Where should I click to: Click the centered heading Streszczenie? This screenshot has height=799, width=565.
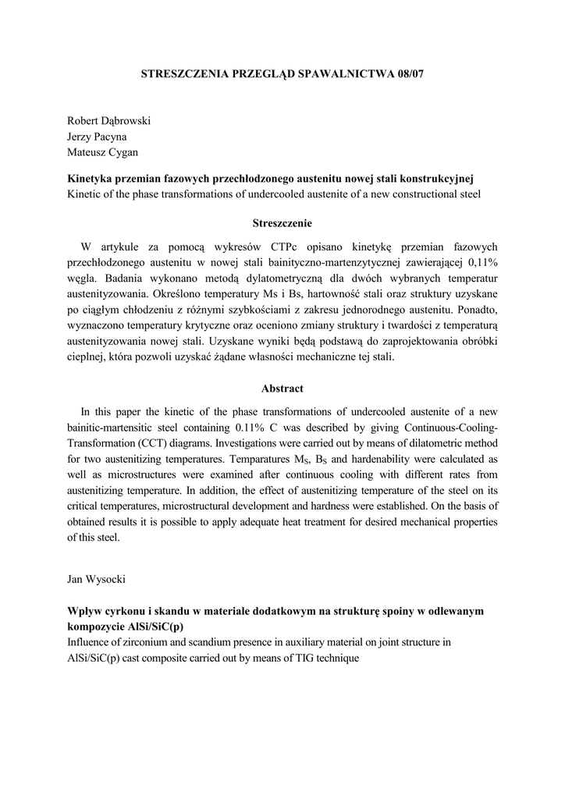click(282, 223)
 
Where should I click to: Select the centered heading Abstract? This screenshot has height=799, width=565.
click(282, 388)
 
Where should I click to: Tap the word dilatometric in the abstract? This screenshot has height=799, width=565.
click(422, 442)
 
